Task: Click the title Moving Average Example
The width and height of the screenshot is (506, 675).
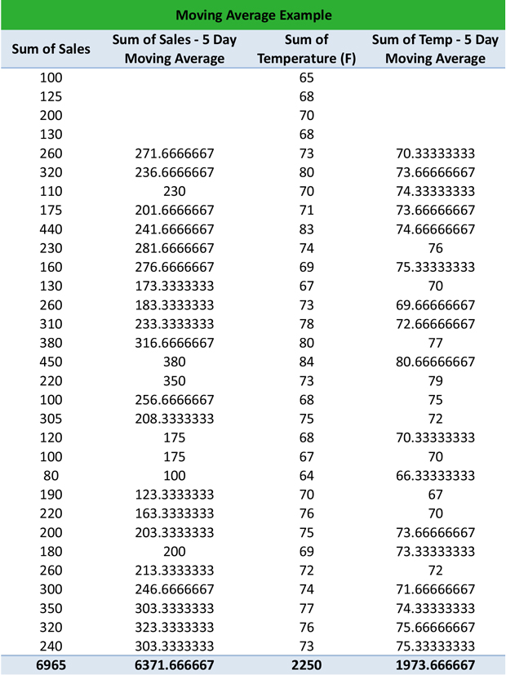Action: [253, 15]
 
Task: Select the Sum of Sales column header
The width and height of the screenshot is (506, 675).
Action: [51, 49]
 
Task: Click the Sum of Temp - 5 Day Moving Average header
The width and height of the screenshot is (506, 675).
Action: [435, 49]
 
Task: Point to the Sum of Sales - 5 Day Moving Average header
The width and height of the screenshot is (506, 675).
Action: [175, 49]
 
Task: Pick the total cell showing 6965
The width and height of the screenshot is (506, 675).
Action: [51, 665]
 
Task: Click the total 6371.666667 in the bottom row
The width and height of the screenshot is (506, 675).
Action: [175, 665]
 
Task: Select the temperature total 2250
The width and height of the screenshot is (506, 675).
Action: [307, 665]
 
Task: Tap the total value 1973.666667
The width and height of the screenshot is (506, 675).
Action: [435, 665]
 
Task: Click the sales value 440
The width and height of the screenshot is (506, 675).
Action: [51, 229]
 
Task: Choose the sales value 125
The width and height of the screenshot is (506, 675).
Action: [51, 96]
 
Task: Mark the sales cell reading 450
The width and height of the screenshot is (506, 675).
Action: [51, 362]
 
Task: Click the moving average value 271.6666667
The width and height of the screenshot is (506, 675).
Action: [175, 153]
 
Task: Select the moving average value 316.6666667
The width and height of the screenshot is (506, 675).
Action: [175, 343]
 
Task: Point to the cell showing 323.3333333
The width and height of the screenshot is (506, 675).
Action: [175, 627]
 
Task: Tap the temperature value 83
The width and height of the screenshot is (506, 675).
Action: [307, 229]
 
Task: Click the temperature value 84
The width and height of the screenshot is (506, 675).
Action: [307, 362]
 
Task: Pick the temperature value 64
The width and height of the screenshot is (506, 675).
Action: [307, 475]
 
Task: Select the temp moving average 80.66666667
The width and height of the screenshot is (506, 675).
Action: [435, 362]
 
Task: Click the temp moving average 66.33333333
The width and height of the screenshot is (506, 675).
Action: [435, 475]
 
